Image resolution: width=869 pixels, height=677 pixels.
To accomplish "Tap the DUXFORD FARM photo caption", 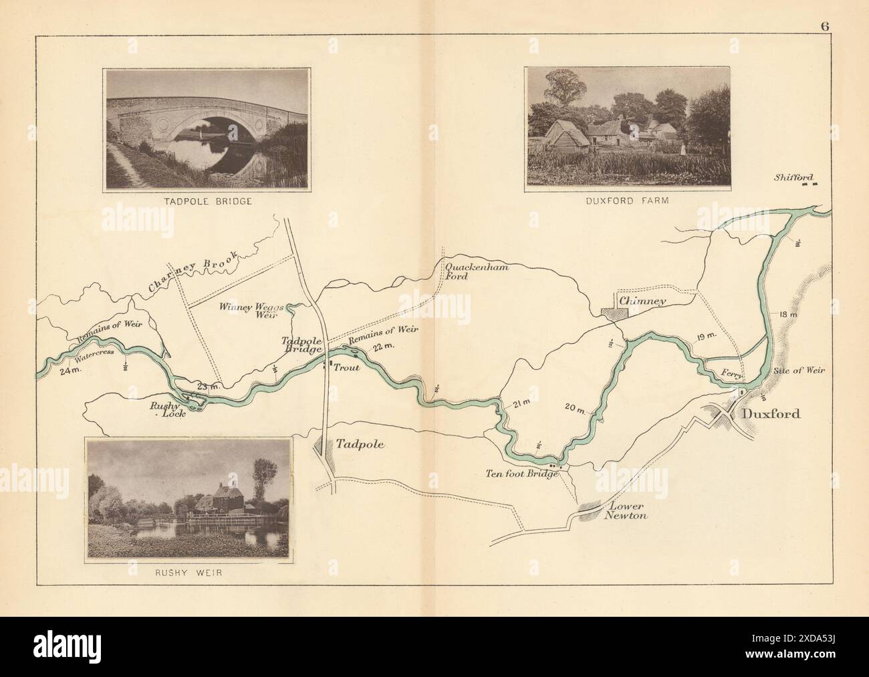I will coord(627,199).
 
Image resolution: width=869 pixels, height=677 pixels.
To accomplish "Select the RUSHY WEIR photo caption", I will coord(190,572).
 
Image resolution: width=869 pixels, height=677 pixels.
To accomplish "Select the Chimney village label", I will coord(642,302).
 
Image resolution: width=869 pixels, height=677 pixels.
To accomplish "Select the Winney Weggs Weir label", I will coord(251,310).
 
